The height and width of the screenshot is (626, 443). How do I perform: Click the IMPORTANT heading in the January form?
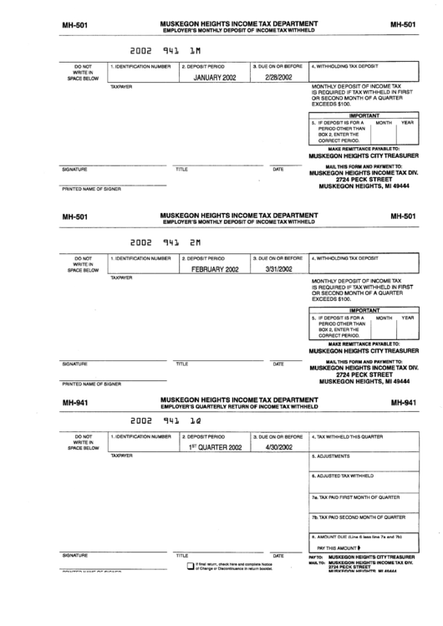[364, 115]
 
